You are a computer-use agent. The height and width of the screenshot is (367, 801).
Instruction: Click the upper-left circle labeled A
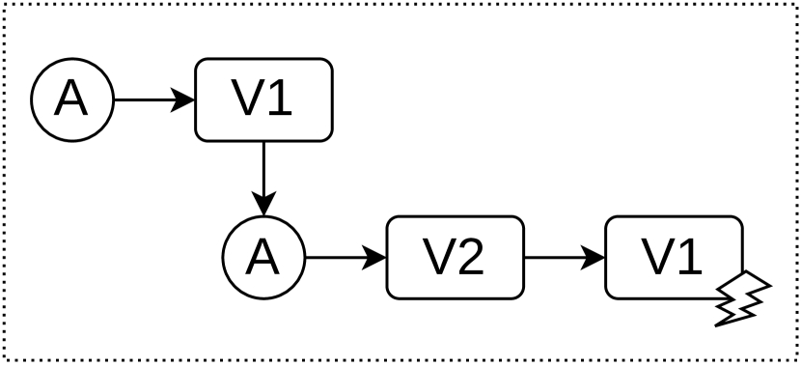click(71, 99)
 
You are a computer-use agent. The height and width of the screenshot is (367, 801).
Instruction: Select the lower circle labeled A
click(263, 258)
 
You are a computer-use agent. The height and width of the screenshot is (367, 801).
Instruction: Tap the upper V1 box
click(264, 99)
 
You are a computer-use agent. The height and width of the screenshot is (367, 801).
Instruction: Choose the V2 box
click(455, 258)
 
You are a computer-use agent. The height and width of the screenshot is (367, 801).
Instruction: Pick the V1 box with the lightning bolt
click(674, 258)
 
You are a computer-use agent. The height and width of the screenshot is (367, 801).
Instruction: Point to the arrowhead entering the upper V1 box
click(184, 99)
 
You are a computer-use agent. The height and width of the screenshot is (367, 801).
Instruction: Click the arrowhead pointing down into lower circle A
click(263, 204)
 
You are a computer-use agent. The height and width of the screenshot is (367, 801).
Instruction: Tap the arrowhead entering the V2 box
click(375, 258)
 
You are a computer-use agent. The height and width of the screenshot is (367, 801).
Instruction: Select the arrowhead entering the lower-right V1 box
click(594, 258)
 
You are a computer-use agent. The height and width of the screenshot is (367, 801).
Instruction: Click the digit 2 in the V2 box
click(472, 258)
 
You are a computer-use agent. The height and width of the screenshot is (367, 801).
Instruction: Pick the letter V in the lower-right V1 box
click(656, 258)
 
